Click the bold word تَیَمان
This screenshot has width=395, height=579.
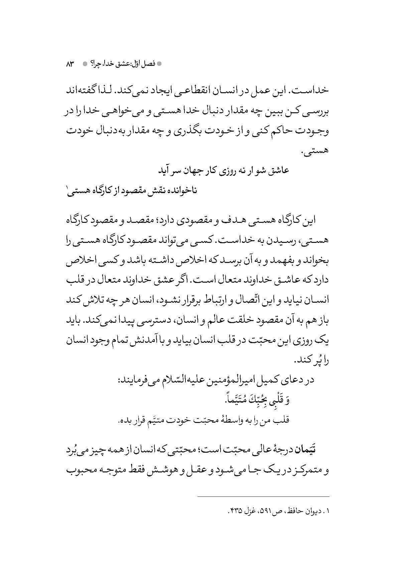303,451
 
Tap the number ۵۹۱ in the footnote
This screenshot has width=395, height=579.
266,520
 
